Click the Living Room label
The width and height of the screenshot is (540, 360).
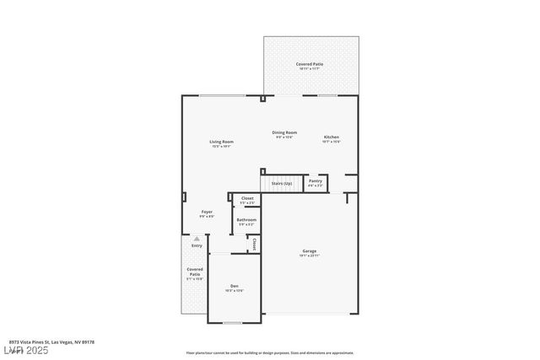(x=221, y=142)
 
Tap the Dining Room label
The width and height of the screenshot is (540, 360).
(x=284, y=132)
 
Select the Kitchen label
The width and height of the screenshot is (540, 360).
(x=331, y=137)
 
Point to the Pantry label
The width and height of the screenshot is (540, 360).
(x=315, y=180)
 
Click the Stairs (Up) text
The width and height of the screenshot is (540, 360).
(x=282, y=183)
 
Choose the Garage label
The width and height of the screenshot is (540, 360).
(x=310, y=250)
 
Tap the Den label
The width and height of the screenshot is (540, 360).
(x=234, y=286)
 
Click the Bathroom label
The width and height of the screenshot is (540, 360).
(x=246, y=220)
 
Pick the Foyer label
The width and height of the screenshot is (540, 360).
(x=207, y=212)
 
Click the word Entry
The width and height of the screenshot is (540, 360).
(x=197, y=245)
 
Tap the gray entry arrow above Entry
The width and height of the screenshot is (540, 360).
(x=197, y=239)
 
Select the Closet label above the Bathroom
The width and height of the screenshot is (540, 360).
(x=247, y=198)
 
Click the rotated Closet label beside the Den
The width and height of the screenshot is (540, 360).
(x=253, y=244)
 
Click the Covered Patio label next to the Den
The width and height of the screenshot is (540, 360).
(x=195, y=272)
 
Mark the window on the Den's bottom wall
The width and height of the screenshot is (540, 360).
(x=233, y=322)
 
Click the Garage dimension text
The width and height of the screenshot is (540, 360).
(x=310, y=255)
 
